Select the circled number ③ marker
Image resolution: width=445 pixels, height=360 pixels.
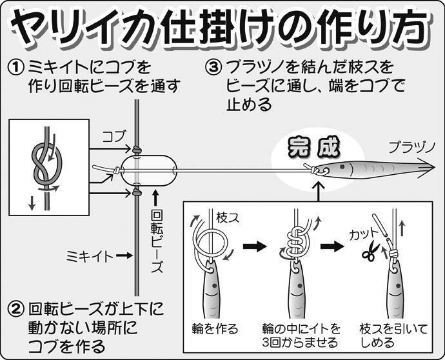(213, 67)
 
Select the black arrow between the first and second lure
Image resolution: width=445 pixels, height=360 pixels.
(255, 246)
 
